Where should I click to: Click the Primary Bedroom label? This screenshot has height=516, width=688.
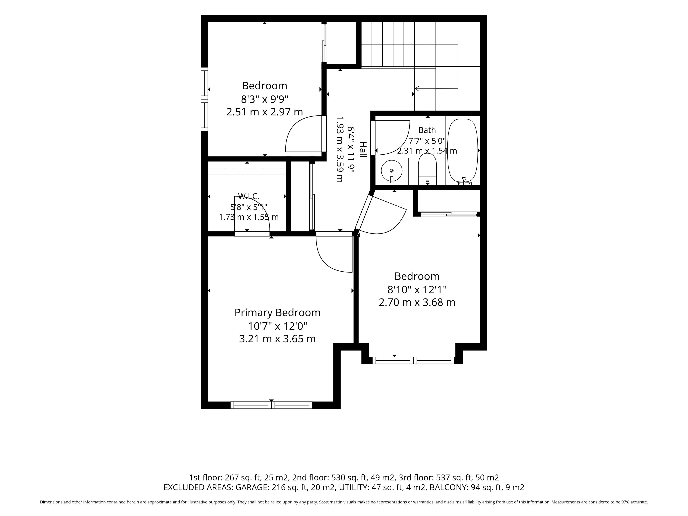point(277,313)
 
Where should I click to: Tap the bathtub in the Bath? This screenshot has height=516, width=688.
point(462,150)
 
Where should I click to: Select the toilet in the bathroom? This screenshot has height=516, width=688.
point(427,169)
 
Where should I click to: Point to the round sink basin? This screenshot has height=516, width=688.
point(392,170)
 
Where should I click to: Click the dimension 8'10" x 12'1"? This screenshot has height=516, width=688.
point(417,290)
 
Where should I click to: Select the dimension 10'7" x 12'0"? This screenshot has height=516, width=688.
point(277,326)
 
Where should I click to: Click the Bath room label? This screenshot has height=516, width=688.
point(427,130)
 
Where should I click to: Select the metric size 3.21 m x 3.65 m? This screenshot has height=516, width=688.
point(277,339)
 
